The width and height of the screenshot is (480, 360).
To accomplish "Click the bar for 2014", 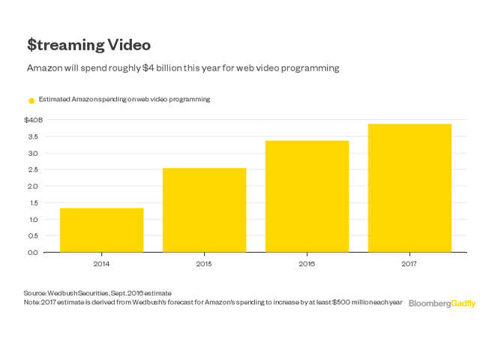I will pos(101,229).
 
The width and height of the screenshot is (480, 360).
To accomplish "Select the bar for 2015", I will pos(204,210).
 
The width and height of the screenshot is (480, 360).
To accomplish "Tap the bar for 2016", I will pos(307,196).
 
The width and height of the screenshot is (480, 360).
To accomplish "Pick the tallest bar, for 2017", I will pos(409,187).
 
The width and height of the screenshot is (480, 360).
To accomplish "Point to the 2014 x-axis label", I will pos(101,264).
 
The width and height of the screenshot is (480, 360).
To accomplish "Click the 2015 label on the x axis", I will pos(204,264).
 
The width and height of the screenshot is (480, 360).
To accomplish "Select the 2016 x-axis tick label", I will pos(307,264).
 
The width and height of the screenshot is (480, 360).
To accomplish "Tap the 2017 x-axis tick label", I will pos(409,264).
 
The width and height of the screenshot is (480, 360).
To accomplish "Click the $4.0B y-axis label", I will pos(34,120).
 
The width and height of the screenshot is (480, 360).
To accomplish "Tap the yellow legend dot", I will pos(31,100).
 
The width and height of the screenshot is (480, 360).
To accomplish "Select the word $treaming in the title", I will pos(64,45).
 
